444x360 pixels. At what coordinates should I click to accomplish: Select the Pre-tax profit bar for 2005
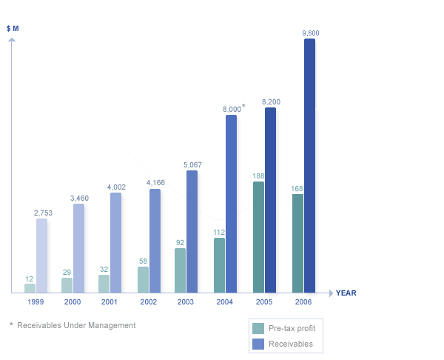pyautogui.click(x=258, y=237)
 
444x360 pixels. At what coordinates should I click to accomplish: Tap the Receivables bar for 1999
pyautogui.click(x=41, y=256)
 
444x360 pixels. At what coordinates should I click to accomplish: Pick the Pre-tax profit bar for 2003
pyautogui.click(x=180, y=270)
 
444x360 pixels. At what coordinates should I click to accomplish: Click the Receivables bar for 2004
pyautogui.click(x=231, y=204)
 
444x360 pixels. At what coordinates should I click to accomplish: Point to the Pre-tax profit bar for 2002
pyautogui.click(x=143, y=279)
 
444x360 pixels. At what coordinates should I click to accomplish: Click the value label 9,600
pyautogui.click(x=311, y=33)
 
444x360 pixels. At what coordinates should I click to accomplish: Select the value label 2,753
pyautogui.click(x=42, y=213)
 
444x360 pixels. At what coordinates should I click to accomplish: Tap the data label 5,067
pyautogui.click(x=192, y=165)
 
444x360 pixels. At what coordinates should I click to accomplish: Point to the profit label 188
pyautogui.click(x=258, y=176)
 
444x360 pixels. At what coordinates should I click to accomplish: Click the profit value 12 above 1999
pyautogui.click(x=30, y=279)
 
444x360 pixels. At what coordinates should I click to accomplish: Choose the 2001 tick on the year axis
pyautogui.click(x=110, y=302)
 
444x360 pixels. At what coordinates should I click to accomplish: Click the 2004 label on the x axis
pyautogui.click(x=225, y=302)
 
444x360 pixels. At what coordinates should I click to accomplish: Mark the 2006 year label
pyautogui.click(x=303, y=302)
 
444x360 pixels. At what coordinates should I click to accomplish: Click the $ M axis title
pyautogui.click(x=13, y=27)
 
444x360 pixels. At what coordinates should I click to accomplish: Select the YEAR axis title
pyautogui.click(x=346, y=293)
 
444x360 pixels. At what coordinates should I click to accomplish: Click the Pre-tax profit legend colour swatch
pyautogui.click(x=258, y=328)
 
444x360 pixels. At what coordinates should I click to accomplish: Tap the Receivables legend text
pyautogui.click(x=291, y=344)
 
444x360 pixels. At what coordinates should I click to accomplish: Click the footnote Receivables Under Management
pyautogui.click(x=76, y=325)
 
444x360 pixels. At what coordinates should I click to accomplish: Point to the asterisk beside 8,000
pyautogui.click(x=243, y=107)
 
